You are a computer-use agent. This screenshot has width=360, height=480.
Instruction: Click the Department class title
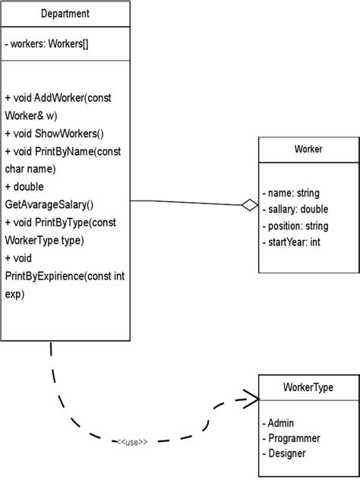tap(65, 14)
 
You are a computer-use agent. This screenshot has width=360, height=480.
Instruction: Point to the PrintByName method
tap(78, 151)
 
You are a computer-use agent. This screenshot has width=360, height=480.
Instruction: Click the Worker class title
tap(308, 149)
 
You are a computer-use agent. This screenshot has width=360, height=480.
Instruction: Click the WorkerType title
tap(308, 387)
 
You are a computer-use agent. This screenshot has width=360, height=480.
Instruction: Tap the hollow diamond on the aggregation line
tap(248, 204)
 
